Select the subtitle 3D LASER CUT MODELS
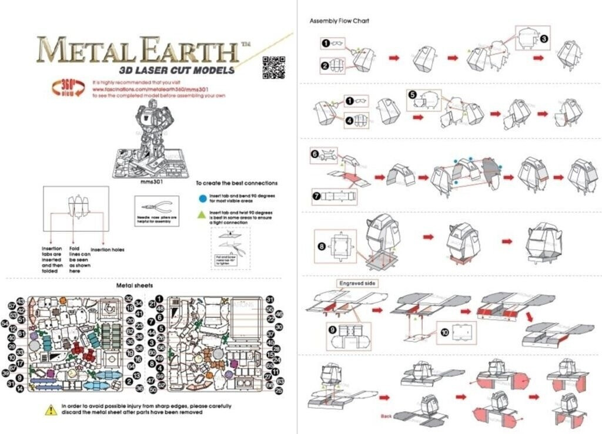coord(177,70)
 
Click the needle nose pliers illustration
coord(156,207)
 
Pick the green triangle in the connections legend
coord(202,215)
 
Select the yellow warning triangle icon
coord(52,409)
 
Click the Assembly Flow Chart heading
coord(340,21)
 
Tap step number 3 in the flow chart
coord(544,39)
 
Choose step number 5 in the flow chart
coord(412,95)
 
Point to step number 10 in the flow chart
coord(444,332)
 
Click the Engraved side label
coord(357,284)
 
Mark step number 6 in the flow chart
coord(315,154)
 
